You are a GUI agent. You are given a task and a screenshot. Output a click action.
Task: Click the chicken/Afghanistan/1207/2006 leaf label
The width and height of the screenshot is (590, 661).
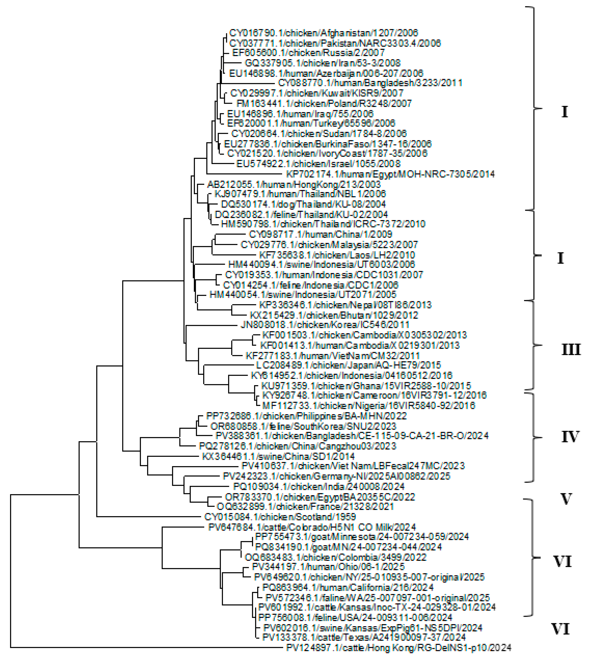click(324, 33)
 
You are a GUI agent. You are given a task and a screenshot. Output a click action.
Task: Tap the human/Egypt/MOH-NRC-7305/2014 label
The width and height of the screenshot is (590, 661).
click(390, 174)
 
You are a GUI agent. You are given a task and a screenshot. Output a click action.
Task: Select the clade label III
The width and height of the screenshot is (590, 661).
click(571, 350)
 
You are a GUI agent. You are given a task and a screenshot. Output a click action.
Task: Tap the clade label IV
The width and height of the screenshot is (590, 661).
click(570, 437)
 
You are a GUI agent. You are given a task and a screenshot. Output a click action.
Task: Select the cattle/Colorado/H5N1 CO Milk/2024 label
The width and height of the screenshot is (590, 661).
click(312, 528)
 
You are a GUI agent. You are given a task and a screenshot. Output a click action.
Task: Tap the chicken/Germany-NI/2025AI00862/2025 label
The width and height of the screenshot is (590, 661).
click(336, 476)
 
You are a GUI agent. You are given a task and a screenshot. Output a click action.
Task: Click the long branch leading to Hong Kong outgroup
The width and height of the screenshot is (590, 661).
click(146, 648)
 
